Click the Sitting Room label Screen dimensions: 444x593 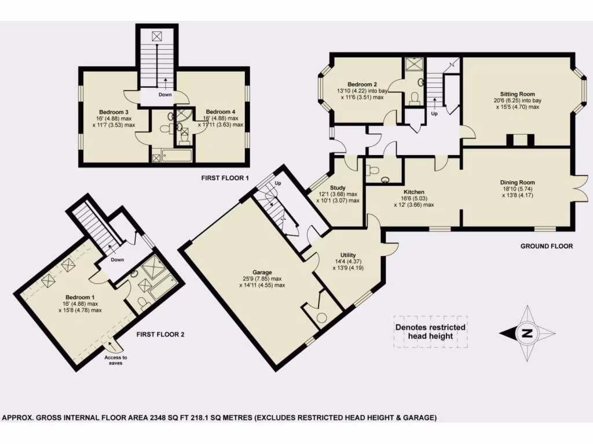[518, 94]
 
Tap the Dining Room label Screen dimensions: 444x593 [518, 182]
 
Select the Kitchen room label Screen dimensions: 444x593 [415, 192]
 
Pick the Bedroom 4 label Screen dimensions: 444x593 [220, 112]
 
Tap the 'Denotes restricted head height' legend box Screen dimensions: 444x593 [430, 331]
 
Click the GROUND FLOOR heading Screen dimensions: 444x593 [546, 246]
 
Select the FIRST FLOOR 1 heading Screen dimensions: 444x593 [225, 179]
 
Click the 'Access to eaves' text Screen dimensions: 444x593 [116, 361]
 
